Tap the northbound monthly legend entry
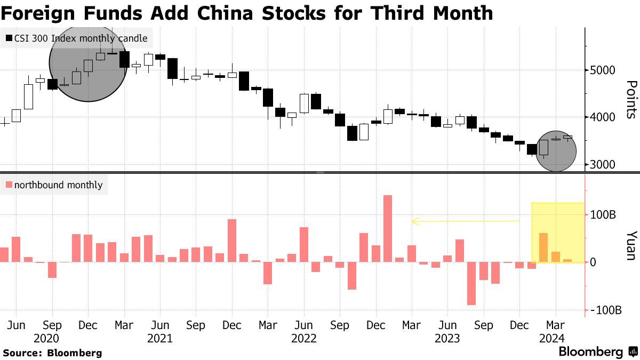(x=54, y=185)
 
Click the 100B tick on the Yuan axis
(x=603, y=215)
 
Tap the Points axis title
(x=631, y=99)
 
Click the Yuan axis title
(x=631, y=245)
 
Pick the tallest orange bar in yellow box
(x=543, y=247)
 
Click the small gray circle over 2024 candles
(x=556, y=151)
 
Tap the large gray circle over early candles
(x=88, y=63)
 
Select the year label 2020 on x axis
(x=46, y=338)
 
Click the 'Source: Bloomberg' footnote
(x=52, y=353)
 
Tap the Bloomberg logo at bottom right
(x=598, y=352)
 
